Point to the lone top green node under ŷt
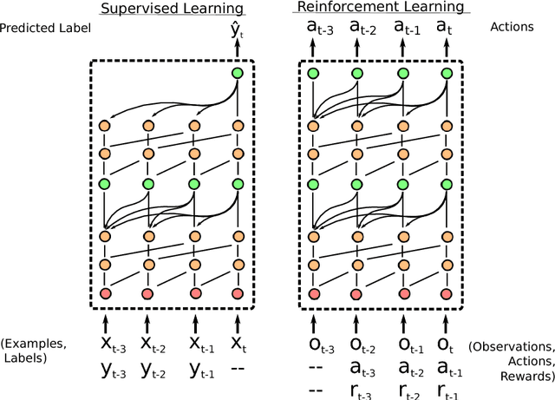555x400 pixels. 237,72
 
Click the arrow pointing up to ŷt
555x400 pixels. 237,52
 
